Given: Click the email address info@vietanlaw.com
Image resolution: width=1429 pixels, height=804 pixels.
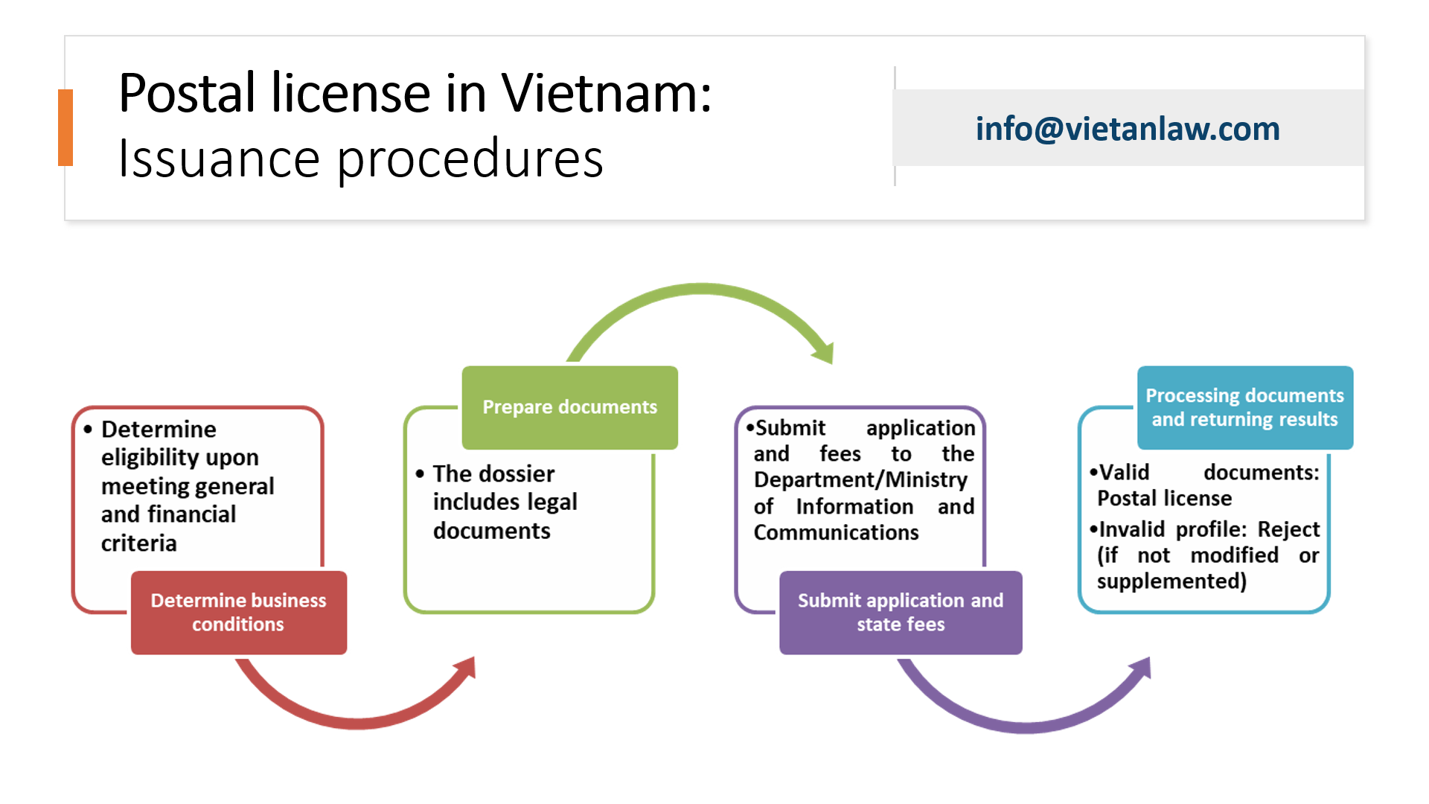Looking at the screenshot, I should click(1128, 129).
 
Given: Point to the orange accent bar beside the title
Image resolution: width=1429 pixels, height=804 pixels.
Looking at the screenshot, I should click(65, 127).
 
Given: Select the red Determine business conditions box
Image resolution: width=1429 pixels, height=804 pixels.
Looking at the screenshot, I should click(238, 612).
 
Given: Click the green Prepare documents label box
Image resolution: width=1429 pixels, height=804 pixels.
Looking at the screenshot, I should click(569, 407).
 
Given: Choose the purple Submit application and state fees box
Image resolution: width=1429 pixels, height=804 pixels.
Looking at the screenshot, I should click(901, 612).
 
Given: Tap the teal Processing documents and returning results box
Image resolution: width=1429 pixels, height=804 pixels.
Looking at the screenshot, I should click(1244, 407).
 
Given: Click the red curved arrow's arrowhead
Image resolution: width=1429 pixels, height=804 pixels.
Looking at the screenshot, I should click(465, 667).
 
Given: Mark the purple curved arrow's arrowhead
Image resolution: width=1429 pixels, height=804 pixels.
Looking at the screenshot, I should click(1142, 667).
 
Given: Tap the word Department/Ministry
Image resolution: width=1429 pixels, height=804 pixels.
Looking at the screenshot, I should click(860, 479).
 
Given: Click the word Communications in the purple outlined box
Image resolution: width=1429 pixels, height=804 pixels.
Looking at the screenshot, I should click(836, 532).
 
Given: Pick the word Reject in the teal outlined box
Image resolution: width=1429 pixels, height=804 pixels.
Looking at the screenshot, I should click(1288, 529).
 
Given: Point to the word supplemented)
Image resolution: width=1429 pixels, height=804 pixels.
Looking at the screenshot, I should click(1171, 581).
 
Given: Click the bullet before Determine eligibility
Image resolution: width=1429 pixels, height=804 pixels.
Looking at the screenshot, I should click(88, 430).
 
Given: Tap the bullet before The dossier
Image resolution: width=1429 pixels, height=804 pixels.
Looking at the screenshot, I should click(420, 473).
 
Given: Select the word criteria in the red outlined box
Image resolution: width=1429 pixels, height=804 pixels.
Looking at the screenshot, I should click(139, 543).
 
